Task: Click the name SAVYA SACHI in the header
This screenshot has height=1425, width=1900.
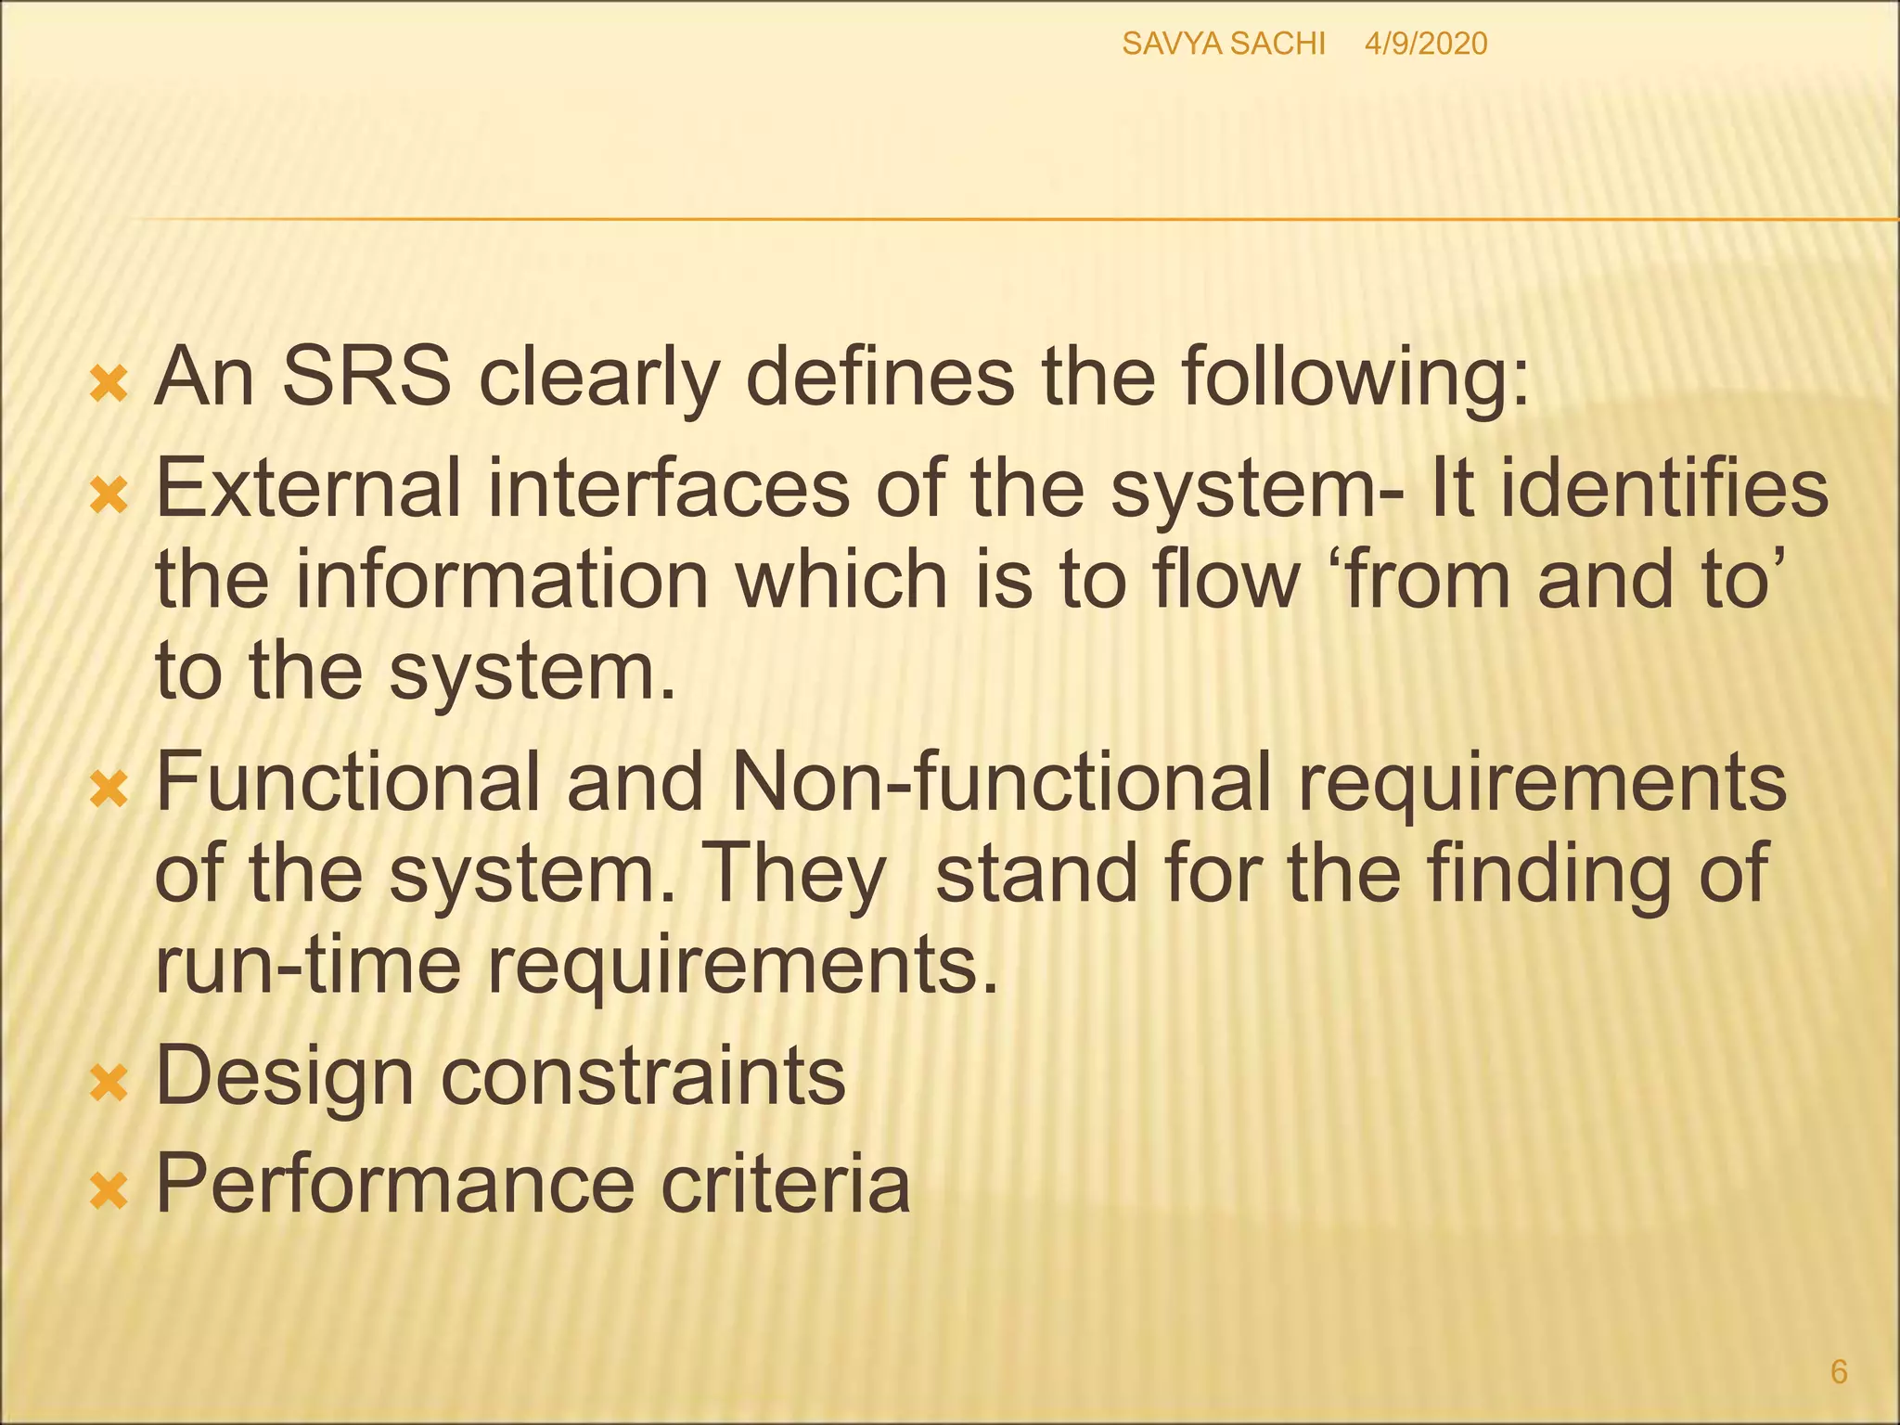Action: click(1223, 44)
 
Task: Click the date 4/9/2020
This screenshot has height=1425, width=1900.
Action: click(1426, 44)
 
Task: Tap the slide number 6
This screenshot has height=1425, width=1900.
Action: click(1839, 1371)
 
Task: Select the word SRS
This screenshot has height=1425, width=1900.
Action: click(366, 378)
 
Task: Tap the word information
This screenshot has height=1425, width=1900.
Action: click(502, 579)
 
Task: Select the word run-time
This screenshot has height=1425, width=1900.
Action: click(307, 965)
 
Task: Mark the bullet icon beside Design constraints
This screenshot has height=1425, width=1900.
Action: click(109, 1083)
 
